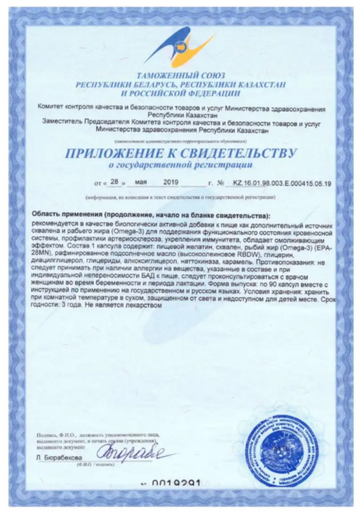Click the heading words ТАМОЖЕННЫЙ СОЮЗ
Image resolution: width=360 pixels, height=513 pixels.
point(180,76)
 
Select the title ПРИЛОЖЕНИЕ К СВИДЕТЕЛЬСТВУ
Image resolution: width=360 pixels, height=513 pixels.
point(180,153)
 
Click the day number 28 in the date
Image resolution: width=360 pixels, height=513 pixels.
point(115,183)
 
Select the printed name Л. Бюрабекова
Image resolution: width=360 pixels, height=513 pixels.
point(58,458)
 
